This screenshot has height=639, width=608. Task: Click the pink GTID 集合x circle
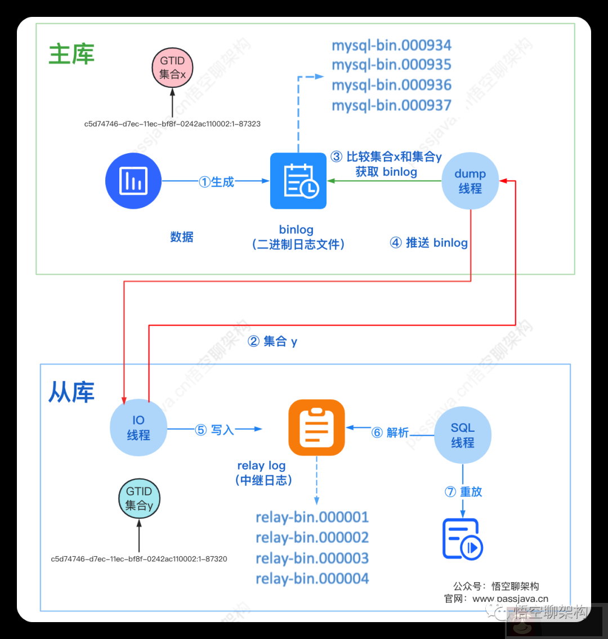click(173, 67)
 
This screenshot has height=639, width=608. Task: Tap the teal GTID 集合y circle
click(139, 498)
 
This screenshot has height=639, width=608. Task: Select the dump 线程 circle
click(470, 181)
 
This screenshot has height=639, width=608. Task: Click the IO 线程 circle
click(138, 428)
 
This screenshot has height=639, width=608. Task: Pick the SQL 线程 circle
click(463, 435)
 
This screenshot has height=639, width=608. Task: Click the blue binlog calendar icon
click(298, 181)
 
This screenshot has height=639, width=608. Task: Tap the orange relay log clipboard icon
click(316, 427)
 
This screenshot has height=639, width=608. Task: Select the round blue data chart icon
click(133, 181)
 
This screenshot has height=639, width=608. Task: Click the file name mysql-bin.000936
click(392, 85)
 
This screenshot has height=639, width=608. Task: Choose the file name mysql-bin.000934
click(392, 45)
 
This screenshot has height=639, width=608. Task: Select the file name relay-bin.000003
click(312, 558)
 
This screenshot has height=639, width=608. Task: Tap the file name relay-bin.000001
click(312, 517)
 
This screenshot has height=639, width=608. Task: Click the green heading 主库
click(71, 55)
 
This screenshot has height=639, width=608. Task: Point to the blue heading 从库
click(71, 392)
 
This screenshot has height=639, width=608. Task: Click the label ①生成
click(216, 181)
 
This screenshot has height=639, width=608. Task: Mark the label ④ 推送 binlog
click(429, 243)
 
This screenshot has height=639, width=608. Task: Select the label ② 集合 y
click(272, 341)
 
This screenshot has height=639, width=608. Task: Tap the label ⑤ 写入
click(214, 430)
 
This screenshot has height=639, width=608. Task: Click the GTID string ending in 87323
click(172, 124)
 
